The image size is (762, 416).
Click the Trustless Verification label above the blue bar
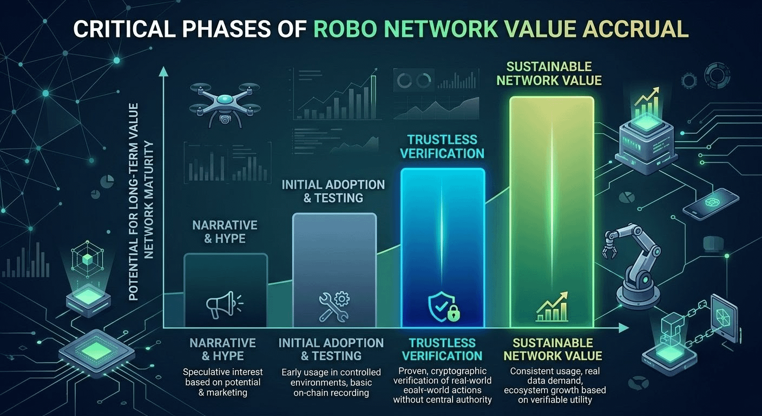click(442, 146)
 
